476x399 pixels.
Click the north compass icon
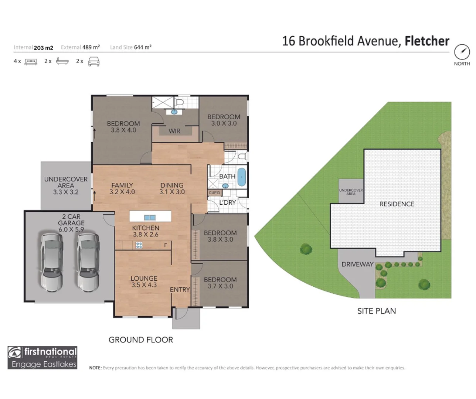pyautogui.click(x=462, y=52)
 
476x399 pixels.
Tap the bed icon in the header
pyautogui.click(x=31, y=62)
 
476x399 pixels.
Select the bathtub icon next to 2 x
pyautogui.click(x=62, y=61)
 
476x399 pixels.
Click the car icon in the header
pyautogui.click(x=94, y=62)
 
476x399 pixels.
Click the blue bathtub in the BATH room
pyautogui.click(x=241, y=177)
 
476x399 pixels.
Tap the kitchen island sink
pyautogui.click(x=150, y=218)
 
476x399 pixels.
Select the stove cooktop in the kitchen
pyautogui.click(x=139, y=245)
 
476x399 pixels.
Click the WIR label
pyautogui.click(x=174, y=131)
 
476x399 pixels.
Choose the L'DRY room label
pyautogui.click(x=227, y=202)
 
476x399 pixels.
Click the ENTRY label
pyautogui.click(x=180, y=290)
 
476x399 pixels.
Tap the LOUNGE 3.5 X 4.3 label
pyautogui.click(x=144, y=282)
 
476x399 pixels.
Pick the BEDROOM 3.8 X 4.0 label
pyautogui.click(x=123, y=127)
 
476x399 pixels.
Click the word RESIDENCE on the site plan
pyautogui.click(x=397, y=204)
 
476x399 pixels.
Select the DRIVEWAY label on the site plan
pyautogui.click(x=357, y=264)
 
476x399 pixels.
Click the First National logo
pyautogui.click(x=42, y=358)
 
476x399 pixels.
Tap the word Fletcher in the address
pyautogui.click(x=427, y=41)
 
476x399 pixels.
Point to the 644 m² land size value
pyautogui.click(x=143, y=47)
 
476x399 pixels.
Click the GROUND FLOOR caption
pyautogui.click(x=140, y=340)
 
